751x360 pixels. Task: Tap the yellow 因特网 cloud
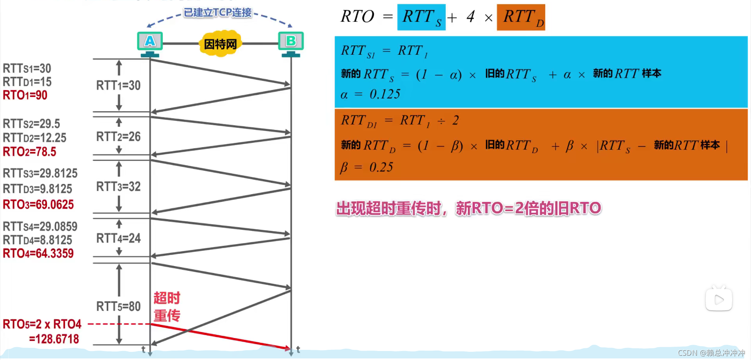coord(220,44)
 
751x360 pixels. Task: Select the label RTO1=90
coord(25,95)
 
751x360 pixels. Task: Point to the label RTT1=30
coord(118,85)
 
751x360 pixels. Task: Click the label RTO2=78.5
coord(29,151)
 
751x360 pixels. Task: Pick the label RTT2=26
coord(118,137)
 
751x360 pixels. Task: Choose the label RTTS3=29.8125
coord(40,173)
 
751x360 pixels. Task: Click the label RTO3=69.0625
coord(38,204)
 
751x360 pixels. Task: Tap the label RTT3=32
coord(118,187)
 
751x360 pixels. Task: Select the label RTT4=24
coord(118,238)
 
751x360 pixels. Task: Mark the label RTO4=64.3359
coord(38,254)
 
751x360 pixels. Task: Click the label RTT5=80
coord(118,306)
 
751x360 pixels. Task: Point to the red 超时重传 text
coord(167,307)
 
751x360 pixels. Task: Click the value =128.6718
coord(54,339)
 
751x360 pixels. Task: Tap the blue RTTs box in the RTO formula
coord(421,18)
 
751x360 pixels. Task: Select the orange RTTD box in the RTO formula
coord(521,18)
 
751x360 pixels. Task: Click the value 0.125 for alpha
coord(385,94)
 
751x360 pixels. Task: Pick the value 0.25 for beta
coord(381,167)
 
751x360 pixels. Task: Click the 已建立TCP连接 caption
coord(218,13)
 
